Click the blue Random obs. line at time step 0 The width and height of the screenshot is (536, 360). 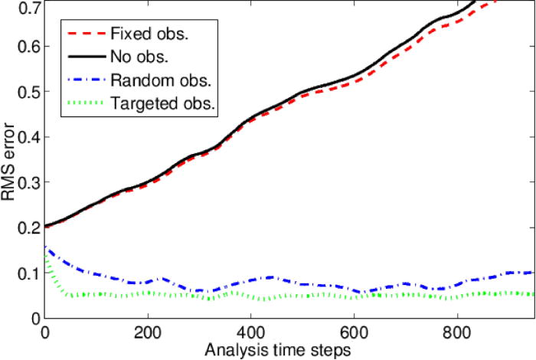47,248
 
